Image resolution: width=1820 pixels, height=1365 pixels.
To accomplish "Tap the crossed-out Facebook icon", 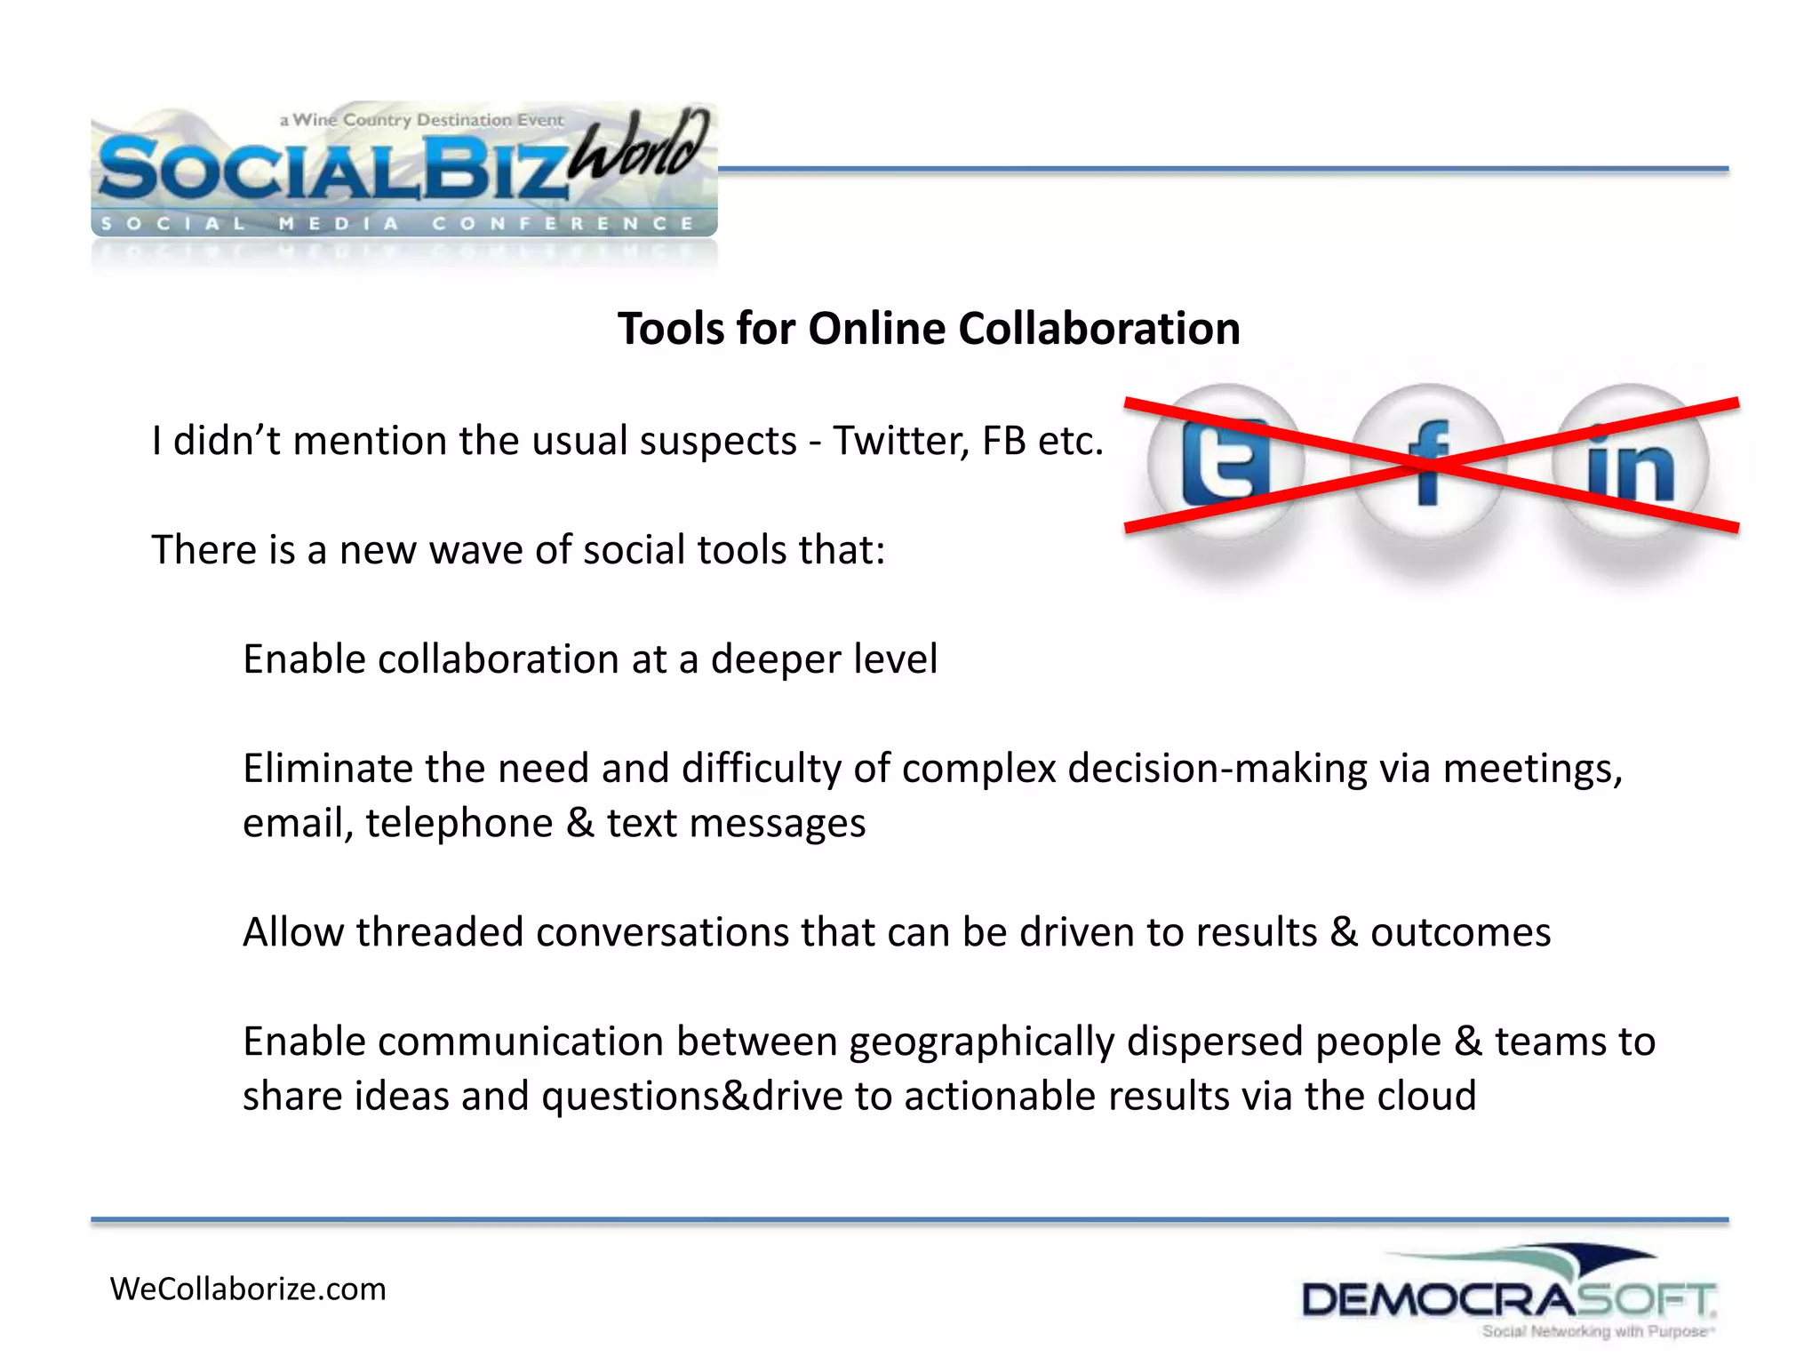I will pyautogui.click(x=1428, y=463).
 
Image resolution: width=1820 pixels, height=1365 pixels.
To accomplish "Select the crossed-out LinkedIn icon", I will pyautogui.click(x=1630, y=463).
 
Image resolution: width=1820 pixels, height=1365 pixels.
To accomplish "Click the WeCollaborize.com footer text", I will pyautogui.click(x=248, y=1289).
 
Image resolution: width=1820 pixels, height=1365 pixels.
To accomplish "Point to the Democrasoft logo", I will pyautogui.click(x=1508, y=1294).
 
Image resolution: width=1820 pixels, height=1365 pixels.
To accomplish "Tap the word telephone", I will pyautogui.click(x=459, y=823).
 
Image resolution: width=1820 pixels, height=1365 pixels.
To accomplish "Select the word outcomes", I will pyautogui.click(x=1460, y=932).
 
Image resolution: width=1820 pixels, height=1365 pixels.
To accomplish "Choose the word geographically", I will pyautogui.click(x=981, y=1042).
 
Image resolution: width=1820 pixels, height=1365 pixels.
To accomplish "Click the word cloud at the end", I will pyautogui.click(x=1426, y=1096).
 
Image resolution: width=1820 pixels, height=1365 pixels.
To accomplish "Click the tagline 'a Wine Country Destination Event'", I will pyautogui.click(x=421, y=119).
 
